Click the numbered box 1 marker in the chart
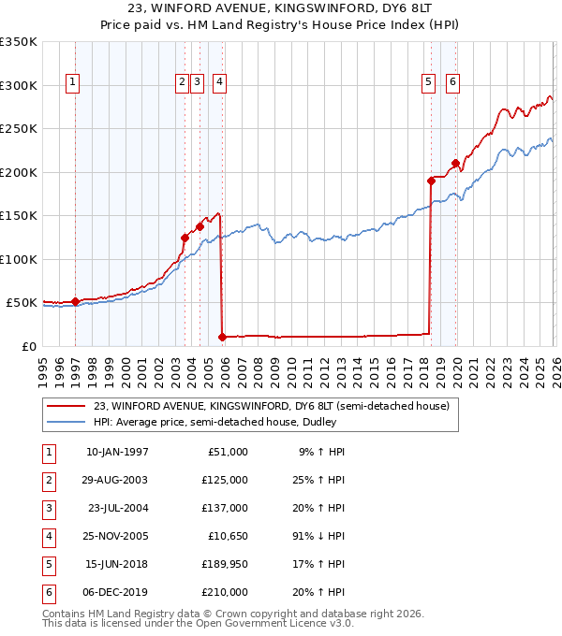(72, 82)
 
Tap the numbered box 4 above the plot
(218, 82)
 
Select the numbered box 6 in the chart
(452, 82)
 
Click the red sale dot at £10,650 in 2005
(222, 337)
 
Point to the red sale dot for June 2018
(431, 181)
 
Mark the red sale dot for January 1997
(76, 302)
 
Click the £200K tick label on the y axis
(18, 172)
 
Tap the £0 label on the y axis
(29, 346)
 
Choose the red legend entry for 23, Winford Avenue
(272, 406)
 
